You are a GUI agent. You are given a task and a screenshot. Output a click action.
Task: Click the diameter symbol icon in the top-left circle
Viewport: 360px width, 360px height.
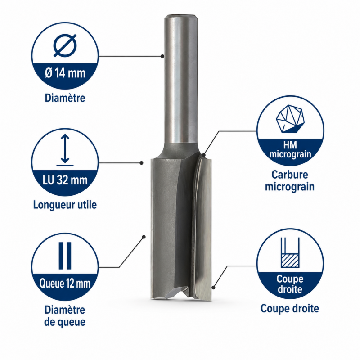(x=65, y=45)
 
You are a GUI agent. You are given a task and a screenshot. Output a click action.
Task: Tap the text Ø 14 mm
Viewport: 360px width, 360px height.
(x=65, y=73)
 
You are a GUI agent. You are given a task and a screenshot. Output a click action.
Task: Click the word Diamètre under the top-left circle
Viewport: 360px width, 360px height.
(x=65, y=98)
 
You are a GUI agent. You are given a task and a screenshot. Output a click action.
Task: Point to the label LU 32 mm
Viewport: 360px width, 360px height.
(x=65, y=180)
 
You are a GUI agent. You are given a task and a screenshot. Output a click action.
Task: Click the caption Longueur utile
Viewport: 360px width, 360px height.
(x=65, y=205)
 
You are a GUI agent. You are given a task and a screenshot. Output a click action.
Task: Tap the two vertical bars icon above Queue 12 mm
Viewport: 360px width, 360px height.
(x=65, y=256)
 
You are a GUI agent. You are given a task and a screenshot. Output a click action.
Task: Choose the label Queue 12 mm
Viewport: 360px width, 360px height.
(x=65, y=283)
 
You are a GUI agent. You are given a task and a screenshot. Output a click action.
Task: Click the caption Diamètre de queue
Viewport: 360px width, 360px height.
(x=65, y=316)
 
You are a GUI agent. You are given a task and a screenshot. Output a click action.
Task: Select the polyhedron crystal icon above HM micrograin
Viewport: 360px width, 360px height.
(x=290, y=119)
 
